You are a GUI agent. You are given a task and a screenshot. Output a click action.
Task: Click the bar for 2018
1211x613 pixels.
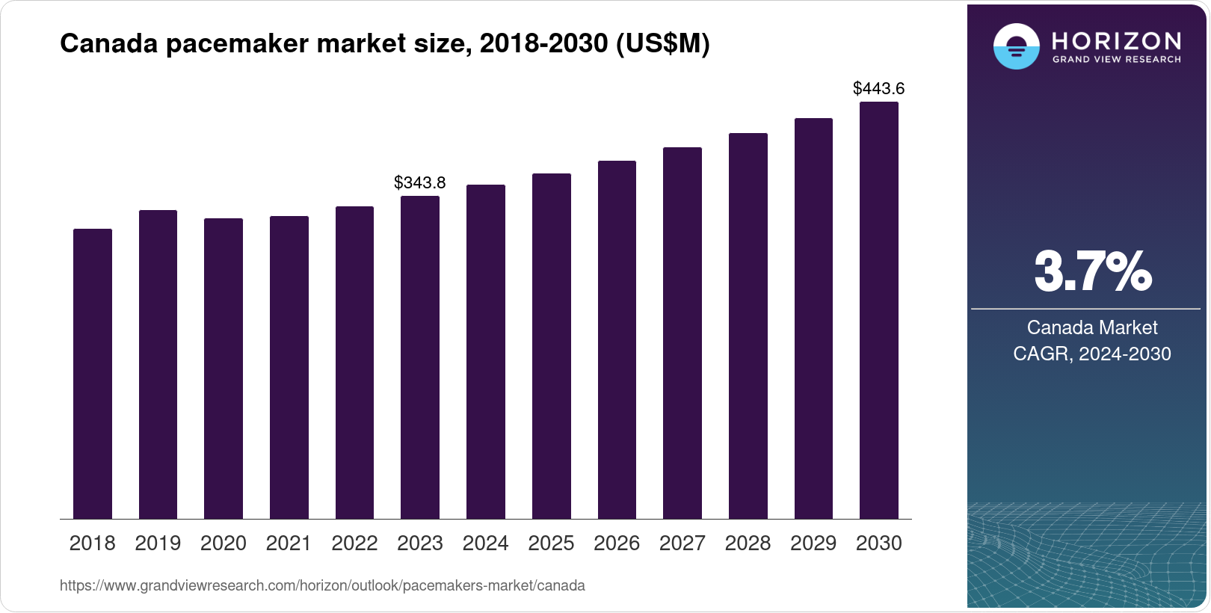[93, 374]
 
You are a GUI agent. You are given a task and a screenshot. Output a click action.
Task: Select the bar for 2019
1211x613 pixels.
[158, 365]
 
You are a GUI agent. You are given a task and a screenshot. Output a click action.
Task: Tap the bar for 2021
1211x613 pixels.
[289, 368]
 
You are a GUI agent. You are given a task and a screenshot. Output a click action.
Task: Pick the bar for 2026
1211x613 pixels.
[617, 340]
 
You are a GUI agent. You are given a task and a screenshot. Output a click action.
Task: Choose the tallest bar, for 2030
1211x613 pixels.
[879, 310]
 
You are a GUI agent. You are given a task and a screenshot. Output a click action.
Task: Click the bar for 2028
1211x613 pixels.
[748, 326]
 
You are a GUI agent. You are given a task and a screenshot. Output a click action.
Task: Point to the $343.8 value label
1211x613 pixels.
[419, 182]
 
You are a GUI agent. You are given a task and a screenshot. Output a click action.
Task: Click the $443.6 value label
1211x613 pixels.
[878, 88]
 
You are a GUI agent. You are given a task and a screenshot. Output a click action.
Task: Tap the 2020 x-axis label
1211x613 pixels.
[224, 543]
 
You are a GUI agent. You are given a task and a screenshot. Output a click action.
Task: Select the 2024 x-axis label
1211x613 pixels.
[486, 543]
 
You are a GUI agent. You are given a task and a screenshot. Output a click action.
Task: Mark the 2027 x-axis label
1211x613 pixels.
[682, 543]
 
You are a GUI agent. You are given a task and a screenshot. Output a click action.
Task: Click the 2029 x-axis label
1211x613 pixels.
[813, 543]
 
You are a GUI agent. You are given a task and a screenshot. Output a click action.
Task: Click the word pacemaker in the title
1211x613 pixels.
[237, 44]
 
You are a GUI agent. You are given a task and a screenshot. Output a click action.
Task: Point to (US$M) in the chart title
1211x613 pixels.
[662, 44]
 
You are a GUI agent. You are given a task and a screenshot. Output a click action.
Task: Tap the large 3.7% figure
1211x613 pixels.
[1092, 272]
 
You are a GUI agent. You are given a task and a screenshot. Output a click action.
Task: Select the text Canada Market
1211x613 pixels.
[1092, 327]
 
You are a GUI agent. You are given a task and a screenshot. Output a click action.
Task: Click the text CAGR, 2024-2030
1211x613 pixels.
[1092, 354]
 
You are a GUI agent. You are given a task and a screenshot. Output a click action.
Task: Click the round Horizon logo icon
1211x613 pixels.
[1016, 46]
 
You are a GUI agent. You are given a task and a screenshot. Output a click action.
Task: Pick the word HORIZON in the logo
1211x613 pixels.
[1117, 40]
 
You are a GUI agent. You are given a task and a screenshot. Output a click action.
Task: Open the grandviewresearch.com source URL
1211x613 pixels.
[322, 586]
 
